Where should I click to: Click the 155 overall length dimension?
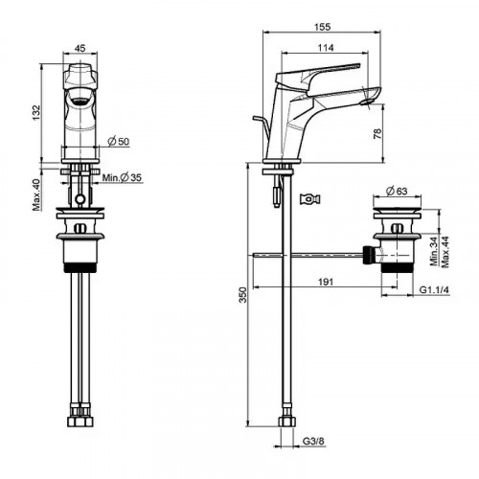(322, 27)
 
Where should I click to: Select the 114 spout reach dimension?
(326, 48)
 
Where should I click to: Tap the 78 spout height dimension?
(377, 133)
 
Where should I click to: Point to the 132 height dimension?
(36, 112)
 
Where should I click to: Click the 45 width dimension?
(80, 48)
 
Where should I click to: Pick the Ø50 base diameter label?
(119, 141)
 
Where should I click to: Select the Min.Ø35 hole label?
(122, 177)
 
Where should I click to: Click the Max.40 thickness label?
(36, 194)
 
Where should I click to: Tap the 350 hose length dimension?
(243, 295)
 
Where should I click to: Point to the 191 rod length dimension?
(326, 282)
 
